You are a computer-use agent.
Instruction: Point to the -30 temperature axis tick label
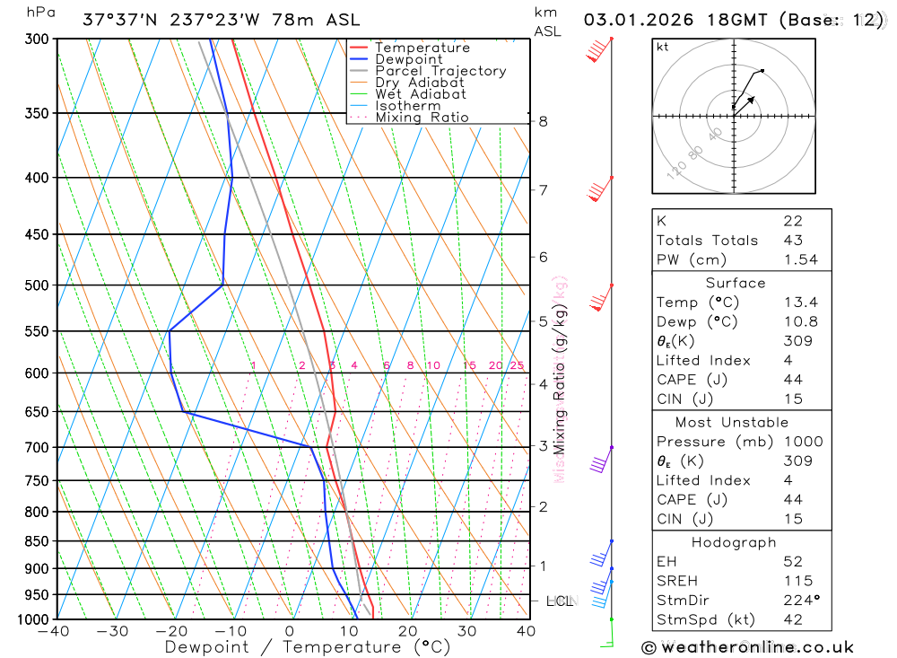[112, 631]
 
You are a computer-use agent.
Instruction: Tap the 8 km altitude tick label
[543, 121]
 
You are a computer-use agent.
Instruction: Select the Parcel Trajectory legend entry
[440, 71]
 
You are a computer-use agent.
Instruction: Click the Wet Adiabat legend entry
[420, 94]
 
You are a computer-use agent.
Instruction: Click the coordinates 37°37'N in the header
[117, 20]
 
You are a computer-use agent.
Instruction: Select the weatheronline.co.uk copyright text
[747, 647]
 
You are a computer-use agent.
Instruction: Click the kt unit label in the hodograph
[663, 47]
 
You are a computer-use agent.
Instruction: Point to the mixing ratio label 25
[517, 365]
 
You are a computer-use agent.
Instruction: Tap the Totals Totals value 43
[792, 240]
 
